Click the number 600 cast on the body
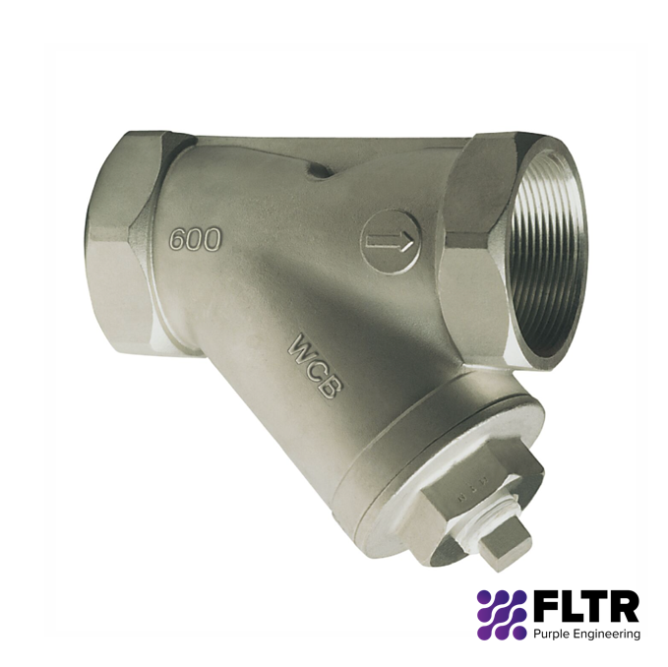pos(196,237)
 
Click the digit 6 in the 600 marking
pos(178,238)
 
